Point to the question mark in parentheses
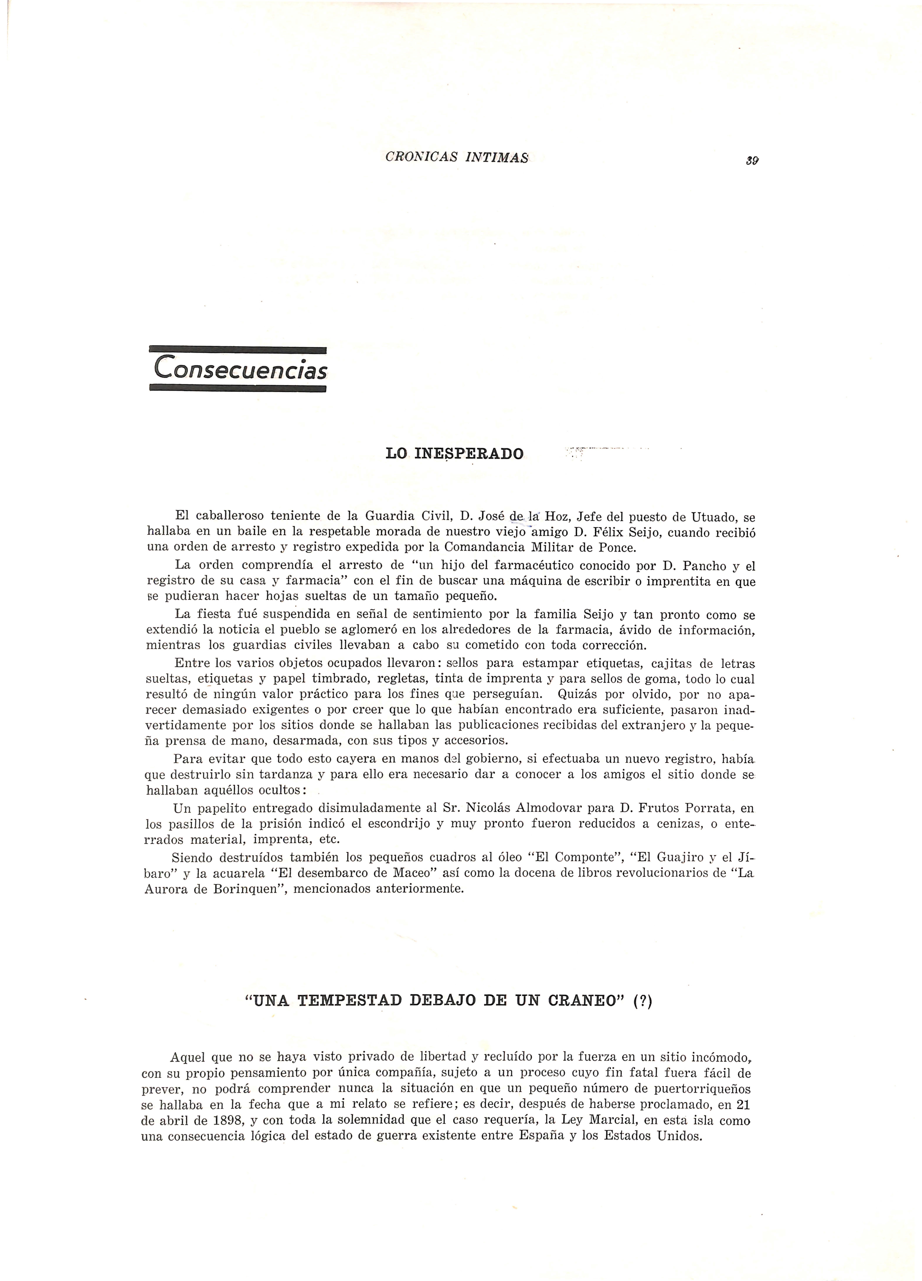tap(643, 1000)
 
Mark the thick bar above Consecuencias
tap(238, 350)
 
